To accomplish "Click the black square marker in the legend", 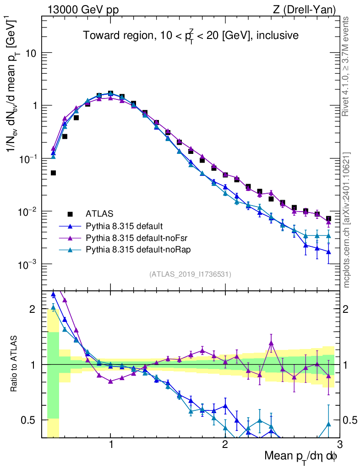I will [70, 213].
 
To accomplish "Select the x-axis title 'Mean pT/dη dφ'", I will [301, 456].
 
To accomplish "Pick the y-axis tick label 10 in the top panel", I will [30, 53].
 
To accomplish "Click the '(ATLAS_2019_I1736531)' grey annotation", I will [190, 274].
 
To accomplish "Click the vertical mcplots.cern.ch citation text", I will [347, 220].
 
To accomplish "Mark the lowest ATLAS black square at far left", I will [53, 173].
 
